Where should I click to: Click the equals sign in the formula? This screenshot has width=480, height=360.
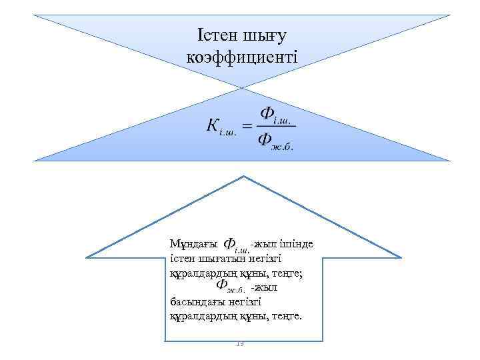tap(246, 125)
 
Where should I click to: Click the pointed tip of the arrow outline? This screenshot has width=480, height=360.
tap(244, 177)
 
